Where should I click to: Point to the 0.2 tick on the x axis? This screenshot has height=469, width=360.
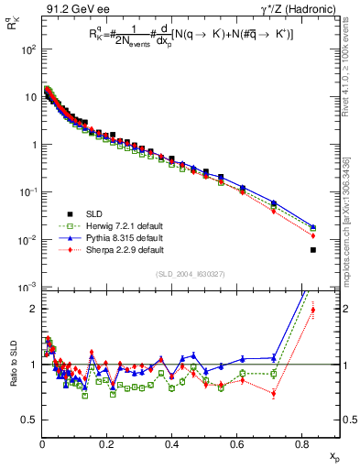107,442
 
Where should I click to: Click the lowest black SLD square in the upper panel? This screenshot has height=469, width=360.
313,250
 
